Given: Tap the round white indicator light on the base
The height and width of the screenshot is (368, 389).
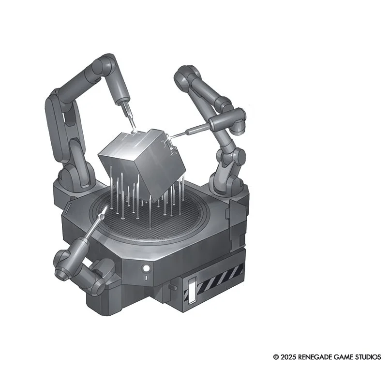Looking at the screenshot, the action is click(x=147, y=268).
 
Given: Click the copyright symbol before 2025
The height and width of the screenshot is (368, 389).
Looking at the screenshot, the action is click(x=276, y=357).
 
